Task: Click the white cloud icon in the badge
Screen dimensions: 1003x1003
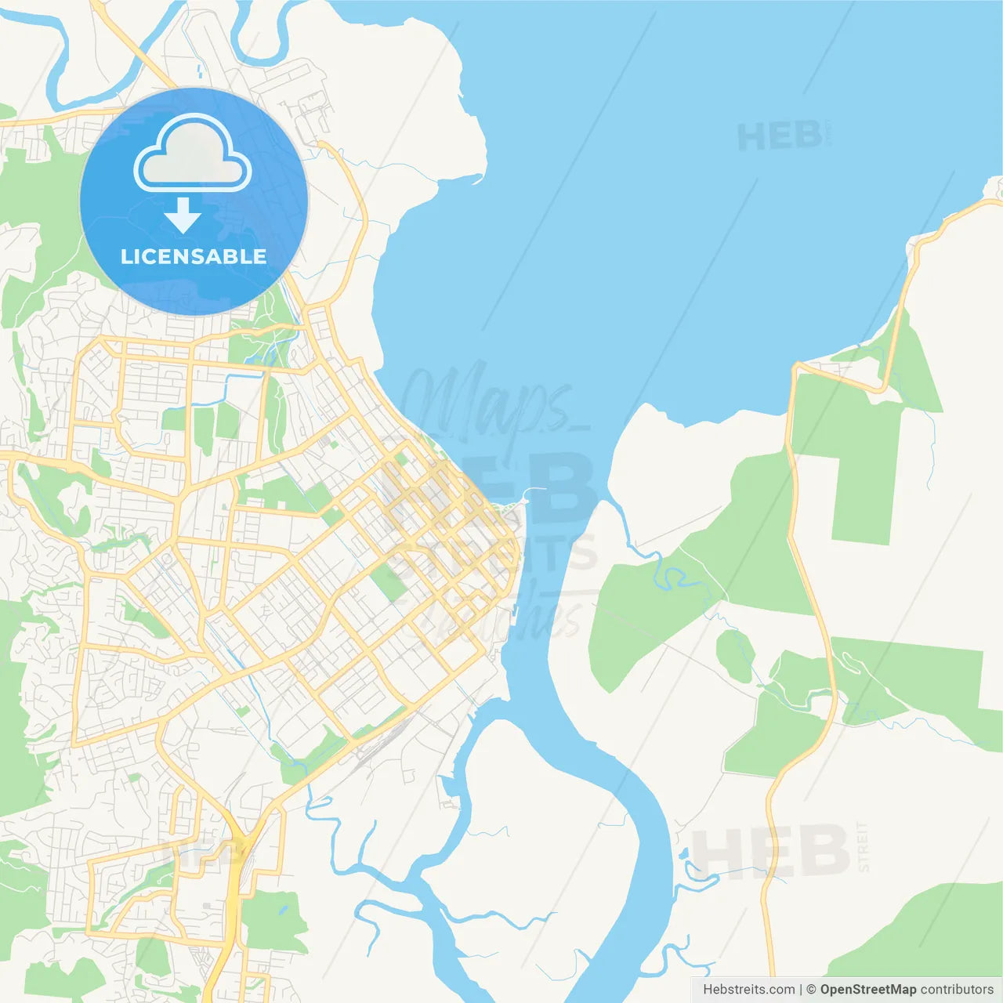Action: (x=193, y=154)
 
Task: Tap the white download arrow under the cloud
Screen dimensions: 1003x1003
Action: (x=183, y=215)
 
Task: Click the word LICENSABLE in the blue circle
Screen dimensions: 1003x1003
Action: (x=194, y=256)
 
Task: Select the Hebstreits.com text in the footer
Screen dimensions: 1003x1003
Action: (x=748, y=990)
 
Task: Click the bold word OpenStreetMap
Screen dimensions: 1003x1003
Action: (x=867, y=990)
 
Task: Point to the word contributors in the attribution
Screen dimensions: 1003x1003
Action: (x=957, y=990)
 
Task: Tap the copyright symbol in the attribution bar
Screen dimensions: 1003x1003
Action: (x=811, y=990)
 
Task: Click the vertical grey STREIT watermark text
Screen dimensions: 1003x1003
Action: (x=863, y=846)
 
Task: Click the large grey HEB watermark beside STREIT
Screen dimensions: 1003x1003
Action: (x=772, y=851)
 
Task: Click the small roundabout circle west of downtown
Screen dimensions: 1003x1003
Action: (x=166, y=559)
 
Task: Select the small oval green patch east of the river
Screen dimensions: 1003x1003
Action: (x=735, y=655)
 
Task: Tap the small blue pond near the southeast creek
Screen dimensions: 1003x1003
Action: (x=685, y=854)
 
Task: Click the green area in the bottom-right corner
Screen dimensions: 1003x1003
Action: (x=925, y=932)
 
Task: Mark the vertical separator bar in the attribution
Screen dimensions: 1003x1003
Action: (x=801, y=990)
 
